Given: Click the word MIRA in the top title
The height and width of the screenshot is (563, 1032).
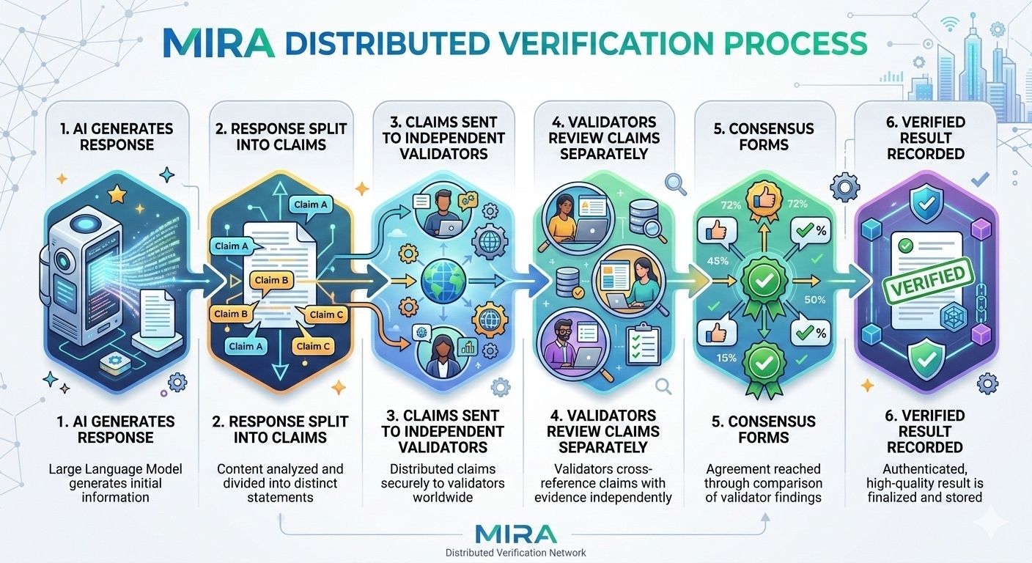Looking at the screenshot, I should [218, 43].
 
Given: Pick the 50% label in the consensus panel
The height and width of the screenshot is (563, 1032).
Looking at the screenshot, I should [814, 299].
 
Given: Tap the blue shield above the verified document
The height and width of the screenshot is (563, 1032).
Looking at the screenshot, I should [925, 199].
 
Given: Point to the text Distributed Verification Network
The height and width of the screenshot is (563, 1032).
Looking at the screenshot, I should [516, 552].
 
